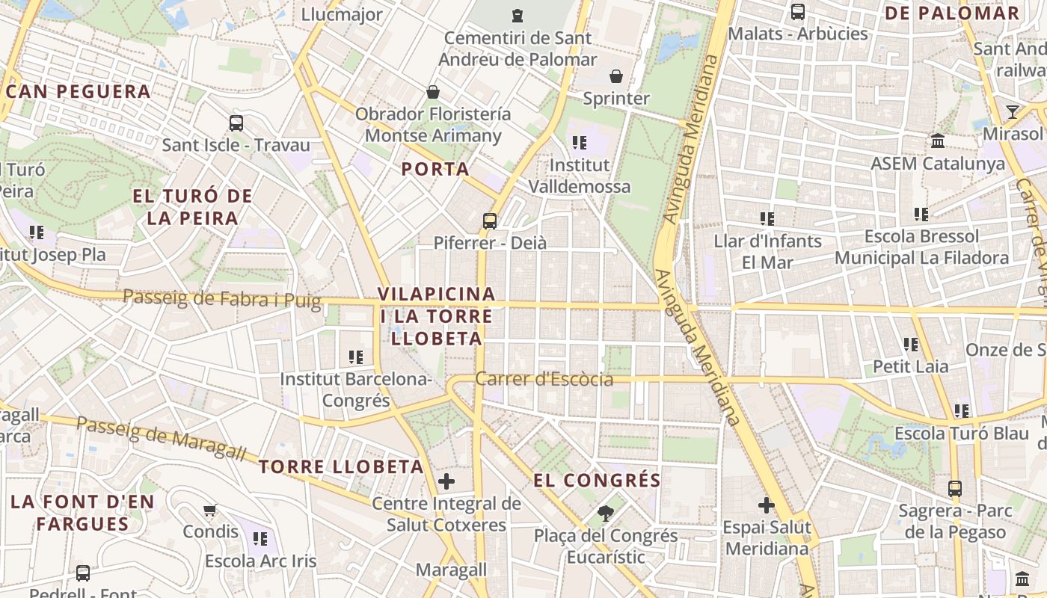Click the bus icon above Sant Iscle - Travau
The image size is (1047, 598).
[x=236, y=123]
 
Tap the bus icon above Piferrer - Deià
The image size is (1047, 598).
[x=490, y=221]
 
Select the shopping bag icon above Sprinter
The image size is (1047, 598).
[x=616, y=76]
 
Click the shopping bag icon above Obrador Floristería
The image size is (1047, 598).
[x=432, y=92]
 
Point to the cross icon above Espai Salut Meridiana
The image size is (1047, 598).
[x=767, y=505]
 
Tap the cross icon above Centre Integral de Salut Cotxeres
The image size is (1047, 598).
[x=446, y=481]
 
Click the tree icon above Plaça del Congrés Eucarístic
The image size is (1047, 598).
[x=605, y=514]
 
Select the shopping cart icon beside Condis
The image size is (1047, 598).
[x=210, y=510]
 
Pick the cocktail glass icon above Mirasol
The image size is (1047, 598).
[x=1013, y=112]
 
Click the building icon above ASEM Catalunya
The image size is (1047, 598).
[x=938, y=141]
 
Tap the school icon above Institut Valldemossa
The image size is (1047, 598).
[x=579, y=142]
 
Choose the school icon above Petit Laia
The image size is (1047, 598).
[x=911, y=345]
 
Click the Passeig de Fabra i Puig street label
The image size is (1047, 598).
[x=221, y=299]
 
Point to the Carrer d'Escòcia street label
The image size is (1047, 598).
[x=544, y=379]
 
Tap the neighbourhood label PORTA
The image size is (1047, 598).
[x=435, y=169]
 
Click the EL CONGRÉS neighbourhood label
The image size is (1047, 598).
[x=597, y=480]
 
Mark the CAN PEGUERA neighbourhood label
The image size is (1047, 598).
[x=79, y=92]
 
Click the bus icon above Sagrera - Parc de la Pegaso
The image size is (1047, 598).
[x=955, y=489]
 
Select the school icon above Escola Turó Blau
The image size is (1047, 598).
[x=962, y=411]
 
